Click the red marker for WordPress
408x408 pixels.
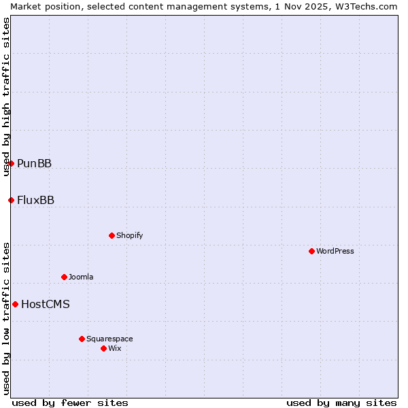click(x=311, y=251)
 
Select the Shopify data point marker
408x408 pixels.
click(x=112, y=235)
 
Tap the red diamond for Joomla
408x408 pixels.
click(x=64, y=277)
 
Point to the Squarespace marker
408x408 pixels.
click(x=82, y=339)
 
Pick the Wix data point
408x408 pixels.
click(x=103, y=348)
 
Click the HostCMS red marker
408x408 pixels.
click(x=15, y=304)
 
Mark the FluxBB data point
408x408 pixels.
click(x=11, y=200)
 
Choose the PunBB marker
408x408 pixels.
click(x=11, y=163)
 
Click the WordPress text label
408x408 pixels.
click(x=335, y=251)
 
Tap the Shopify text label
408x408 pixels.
click(x=129, y=235)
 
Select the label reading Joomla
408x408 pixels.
click(x=81, y=277)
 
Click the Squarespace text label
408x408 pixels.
click(x=109, y=339)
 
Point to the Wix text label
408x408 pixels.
click(x=114, y=348)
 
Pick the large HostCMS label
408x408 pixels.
click(x=46, y=304)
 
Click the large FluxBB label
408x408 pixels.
click(x=36, y=200)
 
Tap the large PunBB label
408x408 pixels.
click(x=35, y=163)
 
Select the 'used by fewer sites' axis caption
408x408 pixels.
click(x=70, y=403)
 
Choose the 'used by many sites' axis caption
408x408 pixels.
click(x=341, y=403)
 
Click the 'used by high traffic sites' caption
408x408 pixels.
click(x=6, y=96)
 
